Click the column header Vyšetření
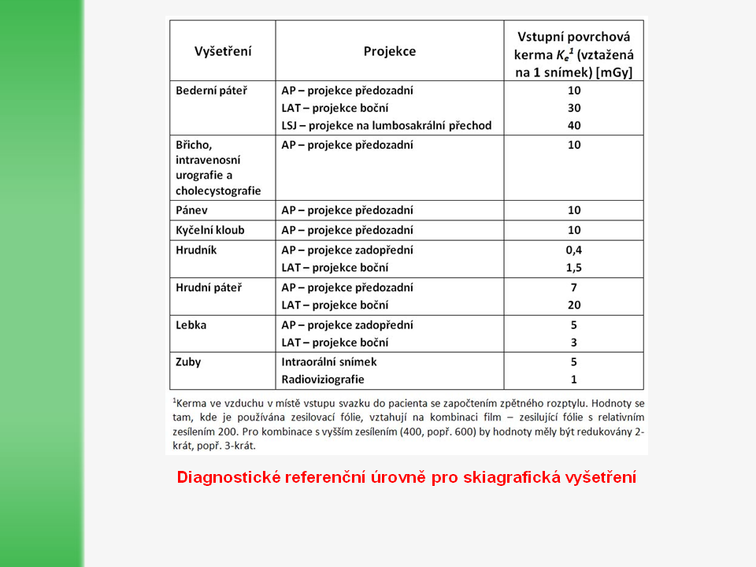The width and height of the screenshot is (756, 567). (223, 51)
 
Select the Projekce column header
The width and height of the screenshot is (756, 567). (389, 51)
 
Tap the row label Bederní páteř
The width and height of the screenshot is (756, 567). (211, 91)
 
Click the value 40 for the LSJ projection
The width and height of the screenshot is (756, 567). (573, 125)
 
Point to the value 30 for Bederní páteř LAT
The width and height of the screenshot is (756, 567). (573, 108)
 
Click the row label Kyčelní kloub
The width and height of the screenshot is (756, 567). (210, 230)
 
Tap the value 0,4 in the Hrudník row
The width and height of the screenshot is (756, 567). (573, 250)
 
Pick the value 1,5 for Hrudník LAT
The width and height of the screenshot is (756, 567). (573, 268)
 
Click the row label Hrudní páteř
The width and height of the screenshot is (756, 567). (209, 287)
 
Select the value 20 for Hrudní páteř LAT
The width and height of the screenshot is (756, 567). (573, 305)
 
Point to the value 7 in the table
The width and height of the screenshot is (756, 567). (573, 287)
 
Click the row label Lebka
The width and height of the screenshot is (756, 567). (191, 324)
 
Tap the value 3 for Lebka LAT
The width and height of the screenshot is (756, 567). (573, 343)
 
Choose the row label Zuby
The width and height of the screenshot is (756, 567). (189, 362)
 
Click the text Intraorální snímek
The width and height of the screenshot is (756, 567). (329, 362)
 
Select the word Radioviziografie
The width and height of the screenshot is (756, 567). (323, 380)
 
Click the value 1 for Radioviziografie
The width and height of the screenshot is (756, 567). (573, 380)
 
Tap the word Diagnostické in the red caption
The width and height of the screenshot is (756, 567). (224, 477)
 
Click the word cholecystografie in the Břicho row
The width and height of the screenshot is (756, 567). (218, 191)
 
